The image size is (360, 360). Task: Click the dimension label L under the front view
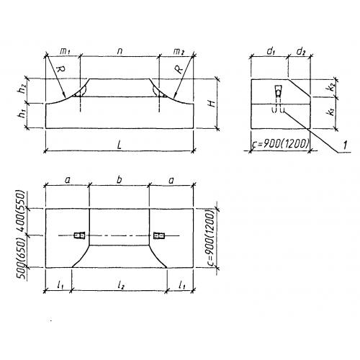[x=120, y=145]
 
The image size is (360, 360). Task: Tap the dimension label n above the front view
[x=120, y=51]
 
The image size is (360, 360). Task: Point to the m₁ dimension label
[x=65, y=51]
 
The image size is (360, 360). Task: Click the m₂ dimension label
[x=179, y=51]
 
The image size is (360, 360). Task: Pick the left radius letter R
[x=60, y=69]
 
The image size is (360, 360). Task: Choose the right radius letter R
[x=179, y=69]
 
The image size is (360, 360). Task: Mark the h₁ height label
[x=23, y=114]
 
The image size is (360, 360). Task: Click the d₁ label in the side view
[x=271, y=51]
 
